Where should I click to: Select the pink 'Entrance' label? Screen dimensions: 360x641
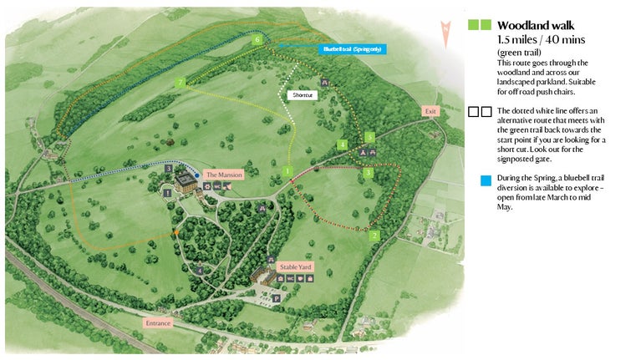158,322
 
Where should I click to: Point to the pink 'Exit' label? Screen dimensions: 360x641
430,111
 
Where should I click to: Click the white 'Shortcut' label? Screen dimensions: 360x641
302,95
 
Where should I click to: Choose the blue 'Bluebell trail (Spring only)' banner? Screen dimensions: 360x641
352,49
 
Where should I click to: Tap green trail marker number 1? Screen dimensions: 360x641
287,171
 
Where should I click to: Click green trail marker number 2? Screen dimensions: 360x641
374,236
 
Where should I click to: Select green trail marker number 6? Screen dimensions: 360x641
257,39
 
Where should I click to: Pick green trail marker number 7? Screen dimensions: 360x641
180,82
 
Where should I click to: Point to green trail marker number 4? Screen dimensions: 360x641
342,145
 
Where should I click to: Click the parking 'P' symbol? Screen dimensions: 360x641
277,297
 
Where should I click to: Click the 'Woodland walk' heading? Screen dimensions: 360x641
535,26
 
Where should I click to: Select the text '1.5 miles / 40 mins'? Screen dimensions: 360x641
539,40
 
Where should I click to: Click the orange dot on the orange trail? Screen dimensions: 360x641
176,231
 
